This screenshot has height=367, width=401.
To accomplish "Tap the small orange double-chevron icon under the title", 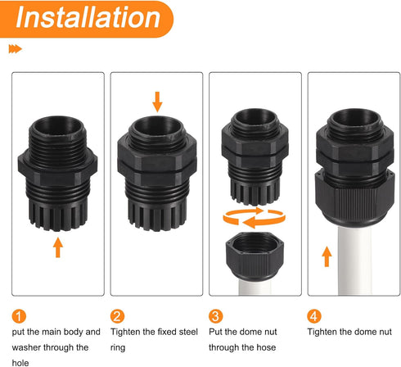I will (15, 49).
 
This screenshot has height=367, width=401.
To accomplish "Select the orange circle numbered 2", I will (119, 316).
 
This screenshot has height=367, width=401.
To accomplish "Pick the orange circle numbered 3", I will (217, 316).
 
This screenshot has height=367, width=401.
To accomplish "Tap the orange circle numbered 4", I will (315, 316).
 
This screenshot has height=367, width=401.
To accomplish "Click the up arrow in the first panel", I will (58, 246).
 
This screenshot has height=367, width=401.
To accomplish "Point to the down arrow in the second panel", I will (157, 102).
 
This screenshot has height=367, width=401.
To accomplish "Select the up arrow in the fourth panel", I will (327, 256).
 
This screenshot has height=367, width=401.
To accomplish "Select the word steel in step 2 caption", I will (189, 332).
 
